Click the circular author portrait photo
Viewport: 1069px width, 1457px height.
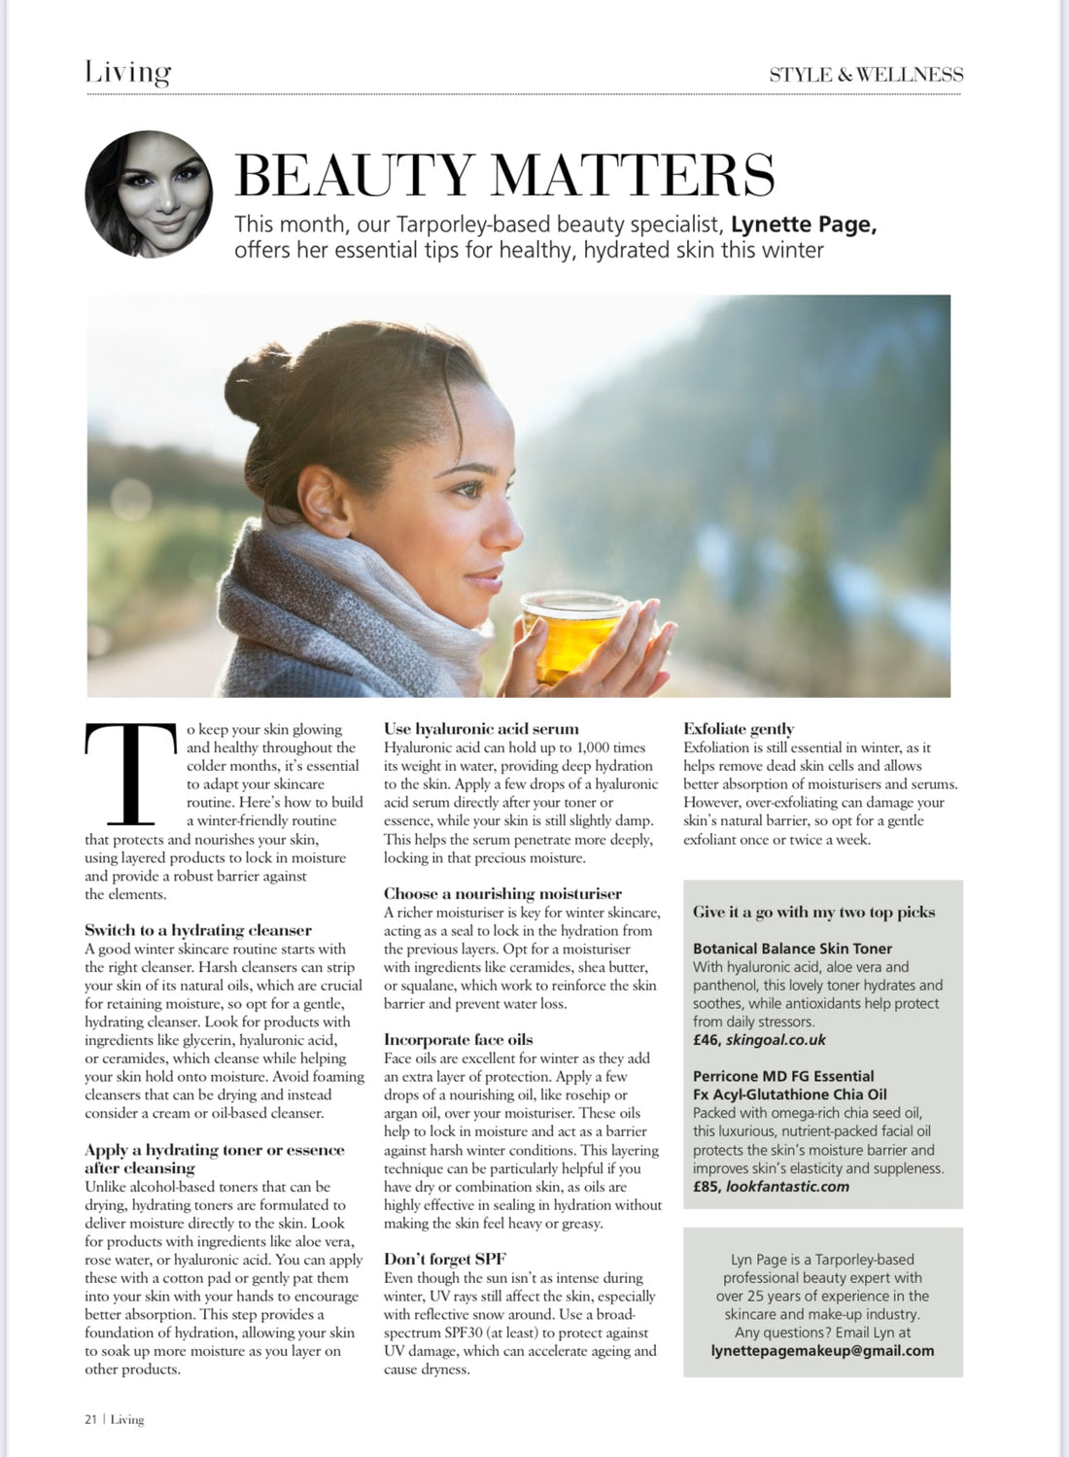149,194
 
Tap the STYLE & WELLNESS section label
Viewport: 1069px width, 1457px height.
866,74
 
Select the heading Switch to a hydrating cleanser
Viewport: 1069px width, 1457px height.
198,930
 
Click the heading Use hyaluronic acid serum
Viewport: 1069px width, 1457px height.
481,728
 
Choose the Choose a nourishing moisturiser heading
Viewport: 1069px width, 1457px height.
502,893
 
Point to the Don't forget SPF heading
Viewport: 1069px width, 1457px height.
445,1259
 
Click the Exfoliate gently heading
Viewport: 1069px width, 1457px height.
739,728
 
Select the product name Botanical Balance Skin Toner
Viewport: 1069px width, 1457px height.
792,949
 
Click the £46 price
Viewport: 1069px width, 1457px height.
707,1040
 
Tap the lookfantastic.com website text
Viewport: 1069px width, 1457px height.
787,1186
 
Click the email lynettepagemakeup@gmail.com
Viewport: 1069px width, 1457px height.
822,1350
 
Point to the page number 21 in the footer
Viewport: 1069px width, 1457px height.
90,1419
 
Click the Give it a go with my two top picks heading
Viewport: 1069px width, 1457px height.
814,912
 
